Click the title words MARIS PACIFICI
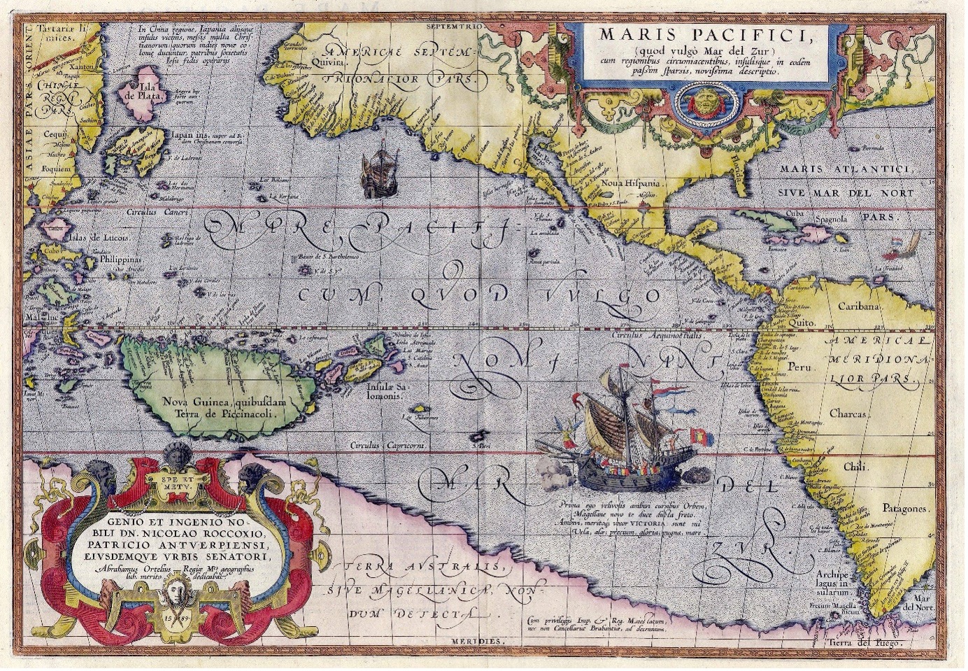pyautogui.click(x=703, y=34)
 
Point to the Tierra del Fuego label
pyautogui.click(x=878, y=642)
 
